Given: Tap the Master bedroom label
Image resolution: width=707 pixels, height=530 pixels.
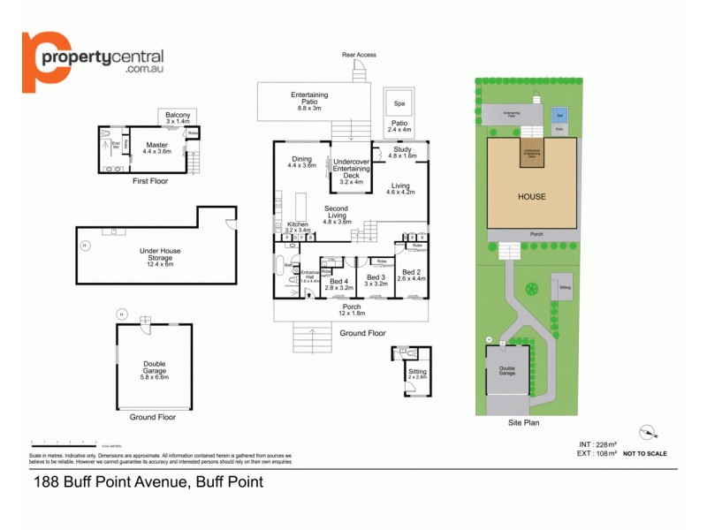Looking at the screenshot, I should pyautogui.click(x=156, y=146).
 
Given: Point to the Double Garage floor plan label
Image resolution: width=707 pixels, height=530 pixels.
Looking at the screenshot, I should pyautogui.click(x=155, y=367).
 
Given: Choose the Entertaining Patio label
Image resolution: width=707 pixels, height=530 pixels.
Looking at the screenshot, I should pyautogui.click(x=309, y=99).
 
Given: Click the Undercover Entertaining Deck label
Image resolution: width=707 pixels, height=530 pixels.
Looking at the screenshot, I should pyautogui.click(x=351, y=171).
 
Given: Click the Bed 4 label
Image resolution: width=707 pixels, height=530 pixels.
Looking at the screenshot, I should pyautogui.click(x=339, y=283).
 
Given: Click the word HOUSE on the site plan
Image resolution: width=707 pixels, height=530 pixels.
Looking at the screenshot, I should pyautogui.click(x=532, y=197).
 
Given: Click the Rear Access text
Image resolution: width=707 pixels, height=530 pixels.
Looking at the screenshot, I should pyautogui.click(x=359, y=55).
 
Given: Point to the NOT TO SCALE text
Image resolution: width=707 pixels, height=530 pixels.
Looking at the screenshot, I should pyautogui.click(x=645, y=453).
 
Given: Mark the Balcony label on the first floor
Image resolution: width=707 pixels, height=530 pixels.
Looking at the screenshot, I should pyautogui.click(x=178, y=115).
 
